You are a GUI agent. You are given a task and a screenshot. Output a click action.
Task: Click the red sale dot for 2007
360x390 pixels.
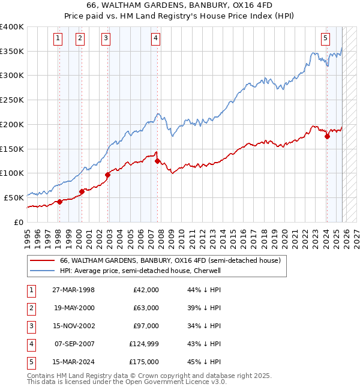point(157,161)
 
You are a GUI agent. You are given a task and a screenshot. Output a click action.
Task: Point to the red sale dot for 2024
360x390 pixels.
point(327,136)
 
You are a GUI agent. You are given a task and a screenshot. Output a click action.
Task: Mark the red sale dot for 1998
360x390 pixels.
point(59,202)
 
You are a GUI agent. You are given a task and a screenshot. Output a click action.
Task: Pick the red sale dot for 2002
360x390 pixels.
point(108,175)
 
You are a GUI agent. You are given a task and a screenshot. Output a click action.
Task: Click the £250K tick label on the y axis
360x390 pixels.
point(11,100)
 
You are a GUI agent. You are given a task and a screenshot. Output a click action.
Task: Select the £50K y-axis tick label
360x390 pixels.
point(14,197)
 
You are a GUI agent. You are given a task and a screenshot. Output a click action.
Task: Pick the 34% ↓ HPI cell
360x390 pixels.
point(204,326)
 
